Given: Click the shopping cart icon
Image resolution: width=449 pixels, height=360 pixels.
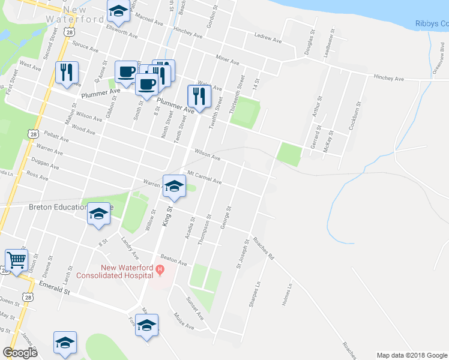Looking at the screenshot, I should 16,260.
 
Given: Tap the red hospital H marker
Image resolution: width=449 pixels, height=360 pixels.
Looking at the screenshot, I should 160,271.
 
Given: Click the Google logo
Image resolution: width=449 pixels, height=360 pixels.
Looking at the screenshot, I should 20,353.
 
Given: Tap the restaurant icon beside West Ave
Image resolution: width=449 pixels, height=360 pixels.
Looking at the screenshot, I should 67,72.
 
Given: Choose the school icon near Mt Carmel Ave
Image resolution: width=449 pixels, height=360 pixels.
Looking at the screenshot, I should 174,185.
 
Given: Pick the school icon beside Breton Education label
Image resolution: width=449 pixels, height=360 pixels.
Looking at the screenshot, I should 98,214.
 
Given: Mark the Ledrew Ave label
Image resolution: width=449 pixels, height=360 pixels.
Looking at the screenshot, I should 268,38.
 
